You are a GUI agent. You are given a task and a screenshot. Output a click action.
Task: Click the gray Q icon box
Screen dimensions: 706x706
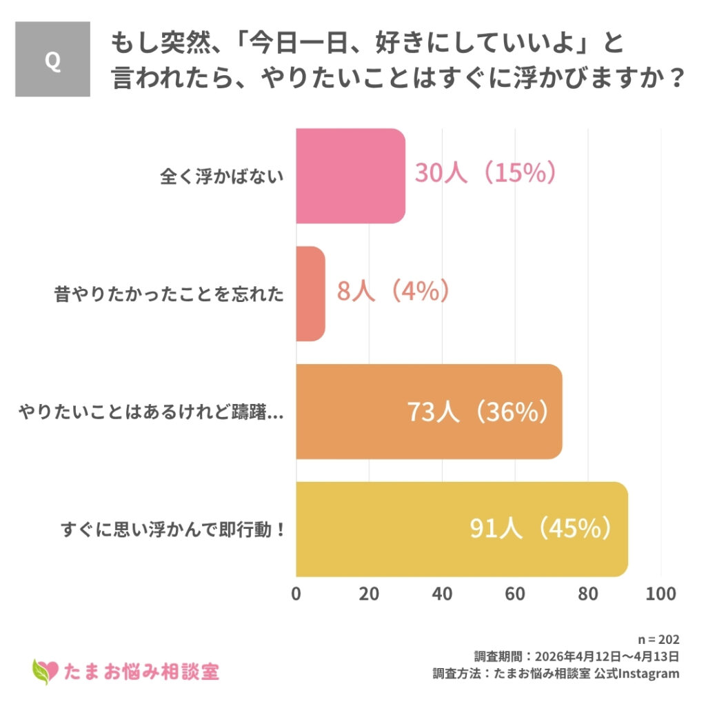[52, 59]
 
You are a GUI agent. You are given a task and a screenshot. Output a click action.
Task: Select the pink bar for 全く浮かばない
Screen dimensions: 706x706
[350, 176]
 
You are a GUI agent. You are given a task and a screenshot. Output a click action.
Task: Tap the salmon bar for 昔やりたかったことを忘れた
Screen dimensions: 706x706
[310, 293]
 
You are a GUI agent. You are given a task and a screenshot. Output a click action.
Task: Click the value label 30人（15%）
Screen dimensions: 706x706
[485, 173]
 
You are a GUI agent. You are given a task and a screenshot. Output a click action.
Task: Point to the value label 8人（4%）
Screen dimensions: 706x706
[393, 291]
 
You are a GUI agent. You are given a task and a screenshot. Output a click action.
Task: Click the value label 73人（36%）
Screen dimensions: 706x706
[478, 412]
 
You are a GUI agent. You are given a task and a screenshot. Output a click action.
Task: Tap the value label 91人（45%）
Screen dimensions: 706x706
[541, 529]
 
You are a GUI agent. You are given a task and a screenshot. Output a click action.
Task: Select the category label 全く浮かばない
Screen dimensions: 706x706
[221, 176]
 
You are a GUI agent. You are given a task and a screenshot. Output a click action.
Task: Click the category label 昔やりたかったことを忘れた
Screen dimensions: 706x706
[169, 294]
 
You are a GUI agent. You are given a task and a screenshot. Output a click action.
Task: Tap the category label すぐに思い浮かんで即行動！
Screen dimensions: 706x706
[172, 530]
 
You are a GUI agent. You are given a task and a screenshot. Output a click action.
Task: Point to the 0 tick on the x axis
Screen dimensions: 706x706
[296, 594]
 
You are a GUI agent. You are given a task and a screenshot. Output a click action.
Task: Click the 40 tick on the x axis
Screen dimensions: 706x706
[442, 594]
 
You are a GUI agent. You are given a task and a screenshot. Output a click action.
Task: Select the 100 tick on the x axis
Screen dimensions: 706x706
[661, 594]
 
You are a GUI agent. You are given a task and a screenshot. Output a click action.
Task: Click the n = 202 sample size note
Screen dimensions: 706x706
[659, 639]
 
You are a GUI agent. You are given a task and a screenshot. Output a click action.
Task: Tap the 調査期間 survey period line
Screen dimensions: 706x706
[576, 656]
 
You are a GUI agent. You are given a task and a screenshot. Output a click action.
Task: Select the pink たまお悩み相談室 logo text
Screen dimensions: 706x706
[141, 670]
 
